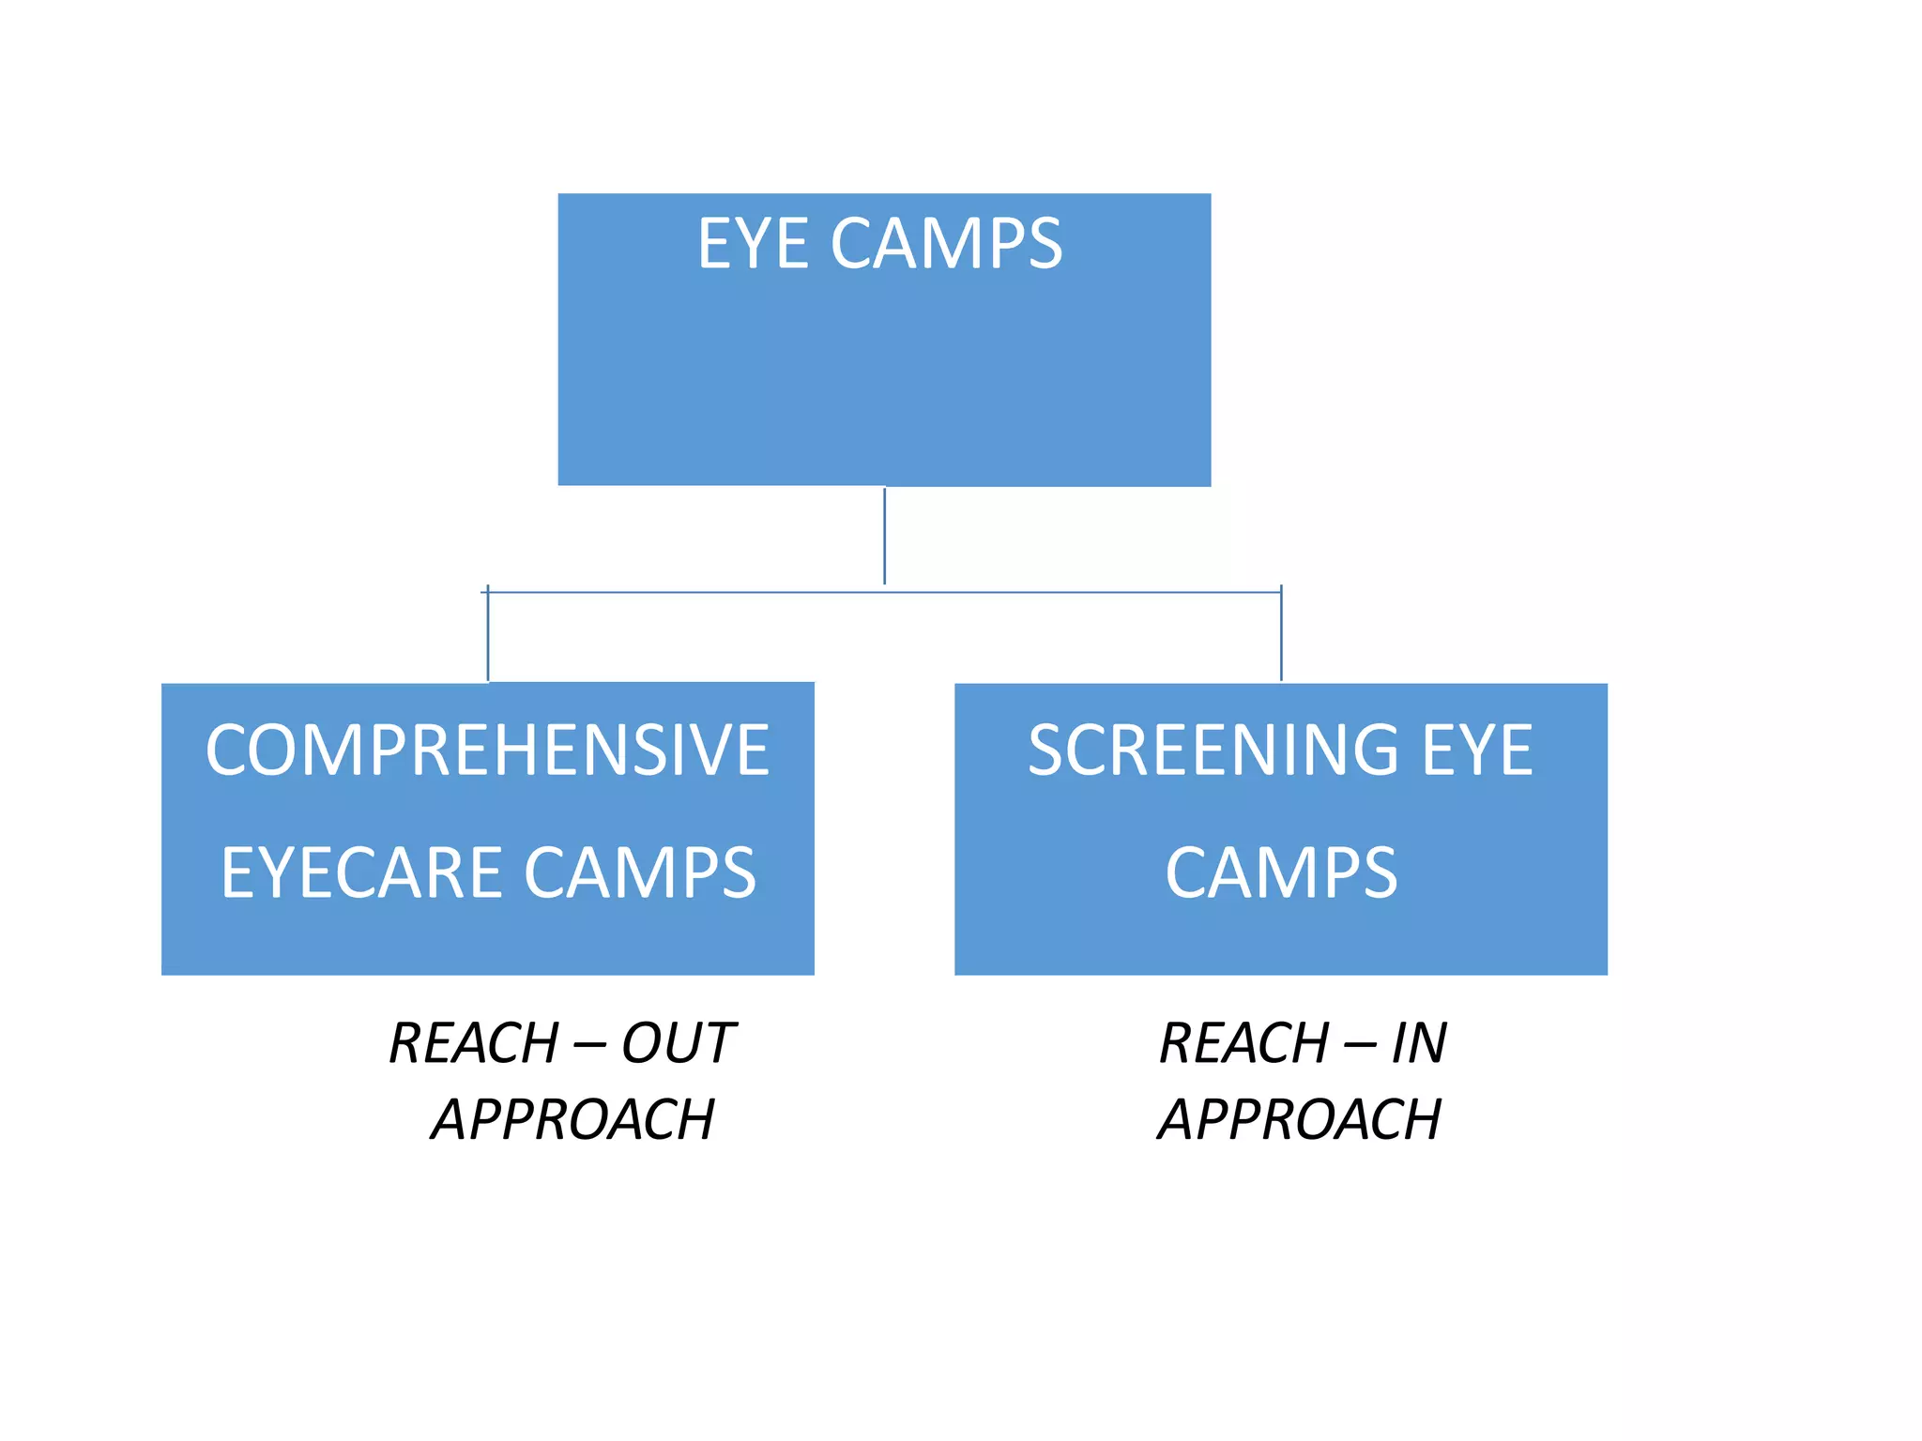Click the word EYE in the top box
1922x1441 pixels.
(x=752, y=244)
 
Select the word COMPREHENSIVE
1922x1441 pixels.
(x=487, y=751)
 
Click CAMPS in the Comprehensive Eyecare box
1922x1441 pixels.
(x=639, y=872)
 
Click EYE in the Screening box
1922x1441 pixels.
(x=1477, y=751)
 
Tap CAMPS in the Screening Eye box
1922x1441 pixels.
(x=1281, y=872)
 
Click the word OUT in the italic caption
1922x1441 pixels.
(x=678, y=1043)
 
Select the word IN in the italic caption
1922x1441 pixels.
(x=1418, y=1043)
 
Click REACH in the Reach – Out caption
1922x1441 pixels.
(x=474, y=1043)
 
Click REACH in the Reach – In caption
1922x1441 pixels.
(x=1244, y=1043)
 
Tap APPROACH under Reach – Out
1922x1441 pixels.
(x=572, y=1119)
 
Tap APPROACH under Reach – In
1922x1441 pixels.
(x=1300, y=1119)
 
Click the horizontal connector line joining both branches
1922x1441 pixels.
(x=1079, y=592)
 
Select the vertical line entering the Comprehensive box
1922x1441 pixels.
(x=488, y=638)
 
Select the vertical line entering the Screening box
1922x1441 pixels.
(x=1281, y=638)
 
